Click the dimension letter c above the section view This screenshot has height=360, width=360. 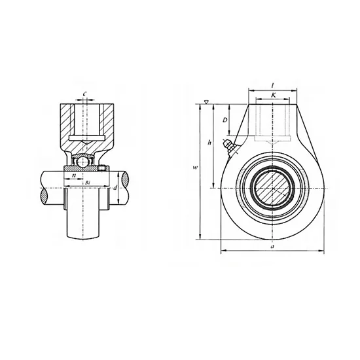(x=85, y=94)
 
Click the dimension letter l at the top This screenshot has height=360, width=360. (x=273, y=86)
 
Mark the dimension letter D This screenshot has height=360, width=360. (x=225, y=120)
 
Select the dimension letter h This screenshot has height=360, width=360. (x=209, y=142)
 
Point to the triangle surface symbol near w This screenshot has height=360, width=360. (x=207, y=102)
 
